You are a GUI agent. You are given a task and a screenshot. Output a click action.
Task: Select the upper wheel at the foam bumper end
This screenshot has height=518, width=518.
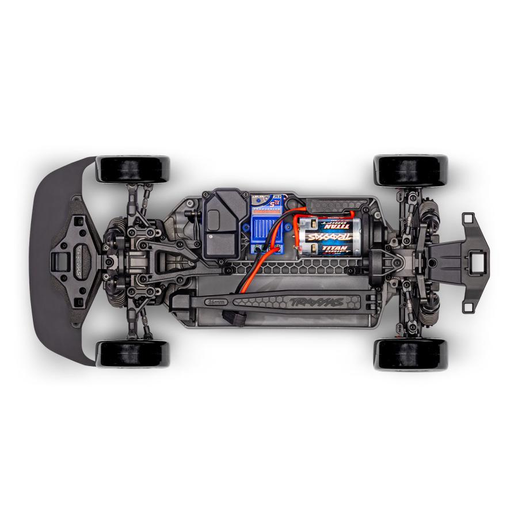point(132,168)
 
